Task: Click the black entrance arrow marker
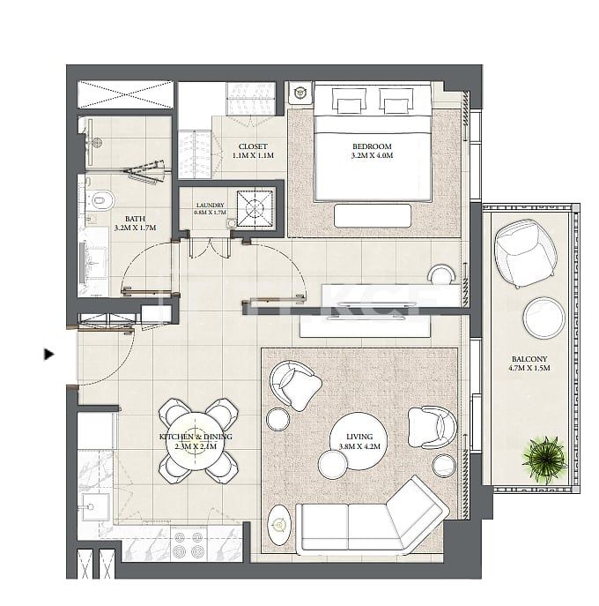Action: click(x=49, y=355)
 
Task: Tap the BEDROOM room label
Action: click(x=371, y=146)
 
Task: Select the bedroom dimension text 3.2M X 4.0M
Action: click(x=371, y=156)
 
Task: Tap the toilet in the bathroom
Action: click(x=99, y=199)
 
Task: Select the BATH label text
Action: click(x=135, y=218)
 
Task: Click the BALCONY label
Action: click(x=529, y=360)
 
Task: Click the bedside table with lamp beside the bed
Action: click(x=300, y=92)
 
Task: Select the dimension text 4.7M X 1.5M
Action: click(x=529, y=369)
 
